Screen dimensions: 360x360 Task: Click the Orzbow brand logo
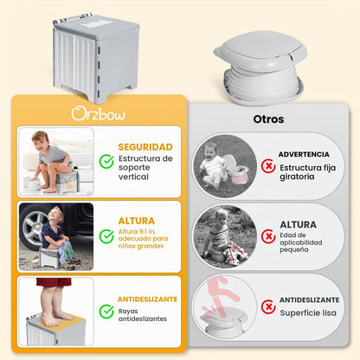tap(99, 113)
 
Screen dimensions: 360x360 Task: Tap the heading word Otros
tap(268, 119)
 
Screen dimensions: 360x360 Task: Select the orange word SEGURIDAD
tap(145, 147)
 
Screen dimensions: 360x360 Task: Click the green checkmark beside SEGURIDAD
tap(106, 162)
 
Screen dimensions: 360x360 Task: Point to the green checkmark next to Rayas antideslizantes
tap(106, 312)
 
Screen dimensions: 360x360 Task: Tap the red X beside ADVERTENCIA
tap(268, 166)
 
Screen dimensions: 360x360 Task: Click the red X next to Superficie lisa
tap(268, 306)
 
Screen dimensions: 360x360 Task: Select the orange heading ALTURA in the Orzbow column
tap(137, 221)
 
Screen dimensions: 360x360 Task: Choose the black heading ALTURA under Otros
tap(299, 225)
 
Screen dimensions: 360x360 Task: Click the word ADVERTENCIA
tap(304, 154)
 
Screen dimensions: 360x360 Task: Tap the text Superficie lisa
tap(308, 313)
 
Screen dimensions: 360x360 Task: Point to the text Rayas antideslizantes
tap(143, 315)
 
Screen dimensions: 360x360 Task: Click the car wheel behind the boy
tap(33, 227)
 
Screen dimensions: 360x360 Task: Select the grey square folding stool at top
tap(96, 58)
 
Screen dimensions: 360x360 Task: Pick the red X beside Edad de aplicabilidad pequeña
tap(268, 236)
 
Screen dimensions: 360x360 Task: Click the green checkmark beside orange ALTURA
tap(106, 236)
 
